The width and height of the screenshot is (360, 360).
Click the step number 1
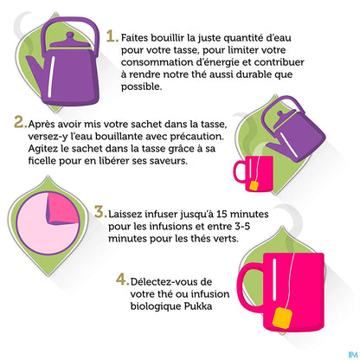[112, 37]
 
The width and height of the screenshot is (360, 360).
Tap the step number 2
[19, 122]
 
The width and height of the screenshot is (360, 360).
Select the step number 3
[100, 212]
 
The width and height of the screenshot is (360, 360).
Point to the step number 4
[121, 280]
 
